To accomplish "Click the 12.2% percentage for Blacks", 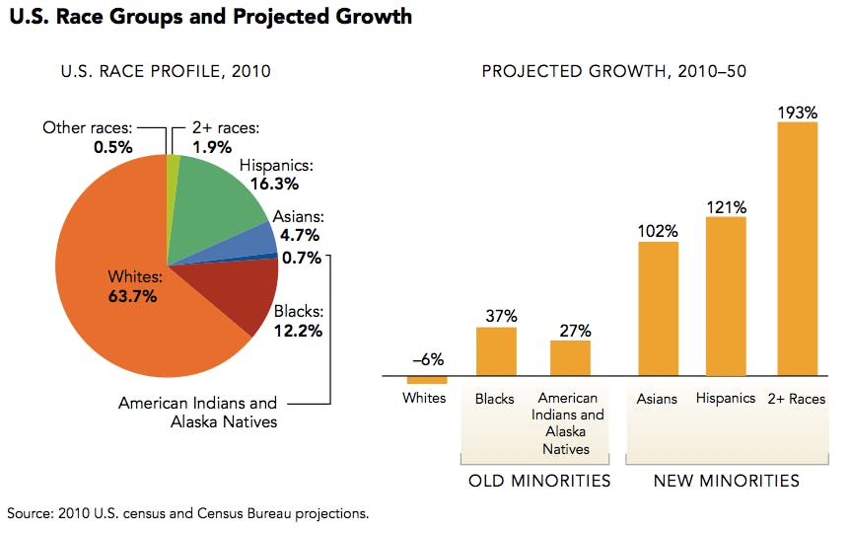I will click(x=298, y=331).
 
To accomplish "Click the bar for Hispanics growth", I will click(x=726, y=296).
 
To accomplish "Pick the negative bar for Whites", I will click(x=427, y=380).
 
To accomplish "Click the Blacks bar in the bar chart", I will click(x=496, y=351).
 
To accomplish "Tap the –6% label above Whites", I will click(x=426, y=359).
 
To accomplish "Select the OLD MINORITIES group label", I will click(x=539, y=482).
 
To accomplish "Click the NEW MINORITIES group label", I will click(x=726, y=482).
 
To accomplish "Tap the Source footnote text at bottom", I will click(x=187, y=513).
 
